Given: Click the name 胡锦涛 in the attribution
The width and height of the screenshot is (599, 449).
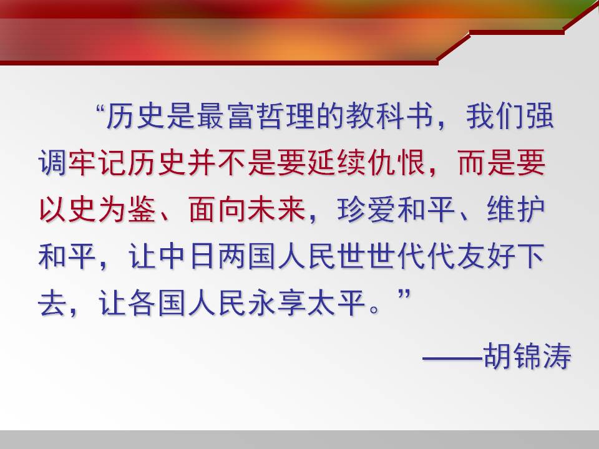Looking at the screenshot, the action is pyautogui.click(x=527, y=355).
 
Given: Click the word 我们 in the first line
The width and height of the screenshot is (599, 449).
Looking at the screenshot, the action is pyautogui.click(x=495, y=116).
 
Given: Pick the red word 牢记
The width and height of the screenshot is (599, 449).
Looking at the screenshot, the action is pyautogui.click(x=98, y=163).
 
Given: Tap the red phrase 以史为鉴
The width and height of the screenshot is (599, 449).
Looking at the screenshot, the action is pyautogui.click(x=98, y=210).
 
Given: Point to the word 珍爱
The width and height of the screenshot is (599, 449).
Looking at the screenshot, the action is pyautogui.click(x=367, y=210).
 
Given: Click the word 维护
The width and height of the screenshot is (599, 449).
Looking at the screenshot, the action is pyautogui.click(x=516, y=210).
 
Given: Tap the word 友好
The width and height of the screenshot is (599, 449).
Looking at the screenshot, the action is pyautogui.click(x=486, y=257).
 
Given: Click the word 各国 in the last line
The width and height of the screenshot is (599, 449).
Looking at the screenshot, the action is pyautogui.click(x=157, y=304).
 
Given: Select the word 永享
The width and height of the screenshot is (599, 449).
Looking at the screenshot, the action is pyautogui.click(x=277, y=304).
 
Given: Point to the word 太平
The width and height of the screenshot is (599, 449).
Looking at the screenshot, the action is pyautogui.click(x=337, y=304).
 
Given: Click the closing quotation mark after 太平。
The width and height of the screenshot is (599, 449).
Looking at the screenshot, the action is pyautogui.click(x=404, y=295).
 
